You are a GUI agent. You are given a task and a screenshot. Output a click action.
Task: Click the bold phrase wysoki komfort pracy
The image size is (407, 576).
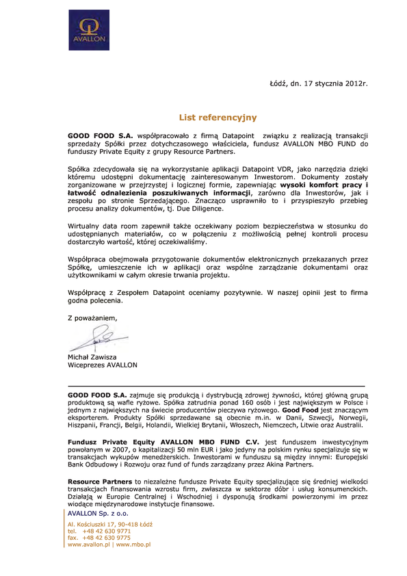click(323, 185)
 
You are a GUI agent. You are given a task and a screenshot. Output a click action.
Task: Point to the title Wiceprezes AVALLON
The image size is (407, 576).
click(103, 365)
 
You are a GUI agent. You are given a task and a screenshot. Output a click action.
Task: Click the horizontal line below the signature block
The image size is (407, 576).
click(216, 387)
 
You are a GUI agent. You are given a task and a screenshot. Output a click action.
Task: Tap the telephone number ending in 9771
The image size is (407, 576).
click(107, 531)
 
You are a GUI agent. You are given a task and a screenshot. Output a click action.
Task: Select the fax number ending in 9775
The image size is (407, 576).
click(107, 538)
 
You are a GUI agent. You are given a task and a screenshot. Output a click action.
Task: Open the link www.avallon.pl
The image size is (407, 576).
click(90, 545)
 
